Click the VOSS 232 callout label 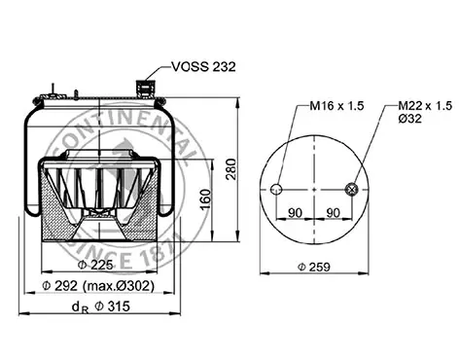tap(203, 66)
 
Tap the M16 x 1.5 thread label tap(336, 106)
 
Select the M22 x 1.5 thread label tap(425, 106)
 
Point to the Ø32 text tap(409, 119)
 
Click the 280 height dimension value tap(231, 169)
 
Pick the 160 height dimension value tap(205, 199)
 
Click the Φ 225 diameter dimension tap(95, 265)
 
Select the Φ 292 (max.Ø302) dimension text tap(98, 286)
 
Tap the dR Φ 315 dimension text tap(101, 306)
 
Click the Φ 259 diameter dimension tap(314, 267)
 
